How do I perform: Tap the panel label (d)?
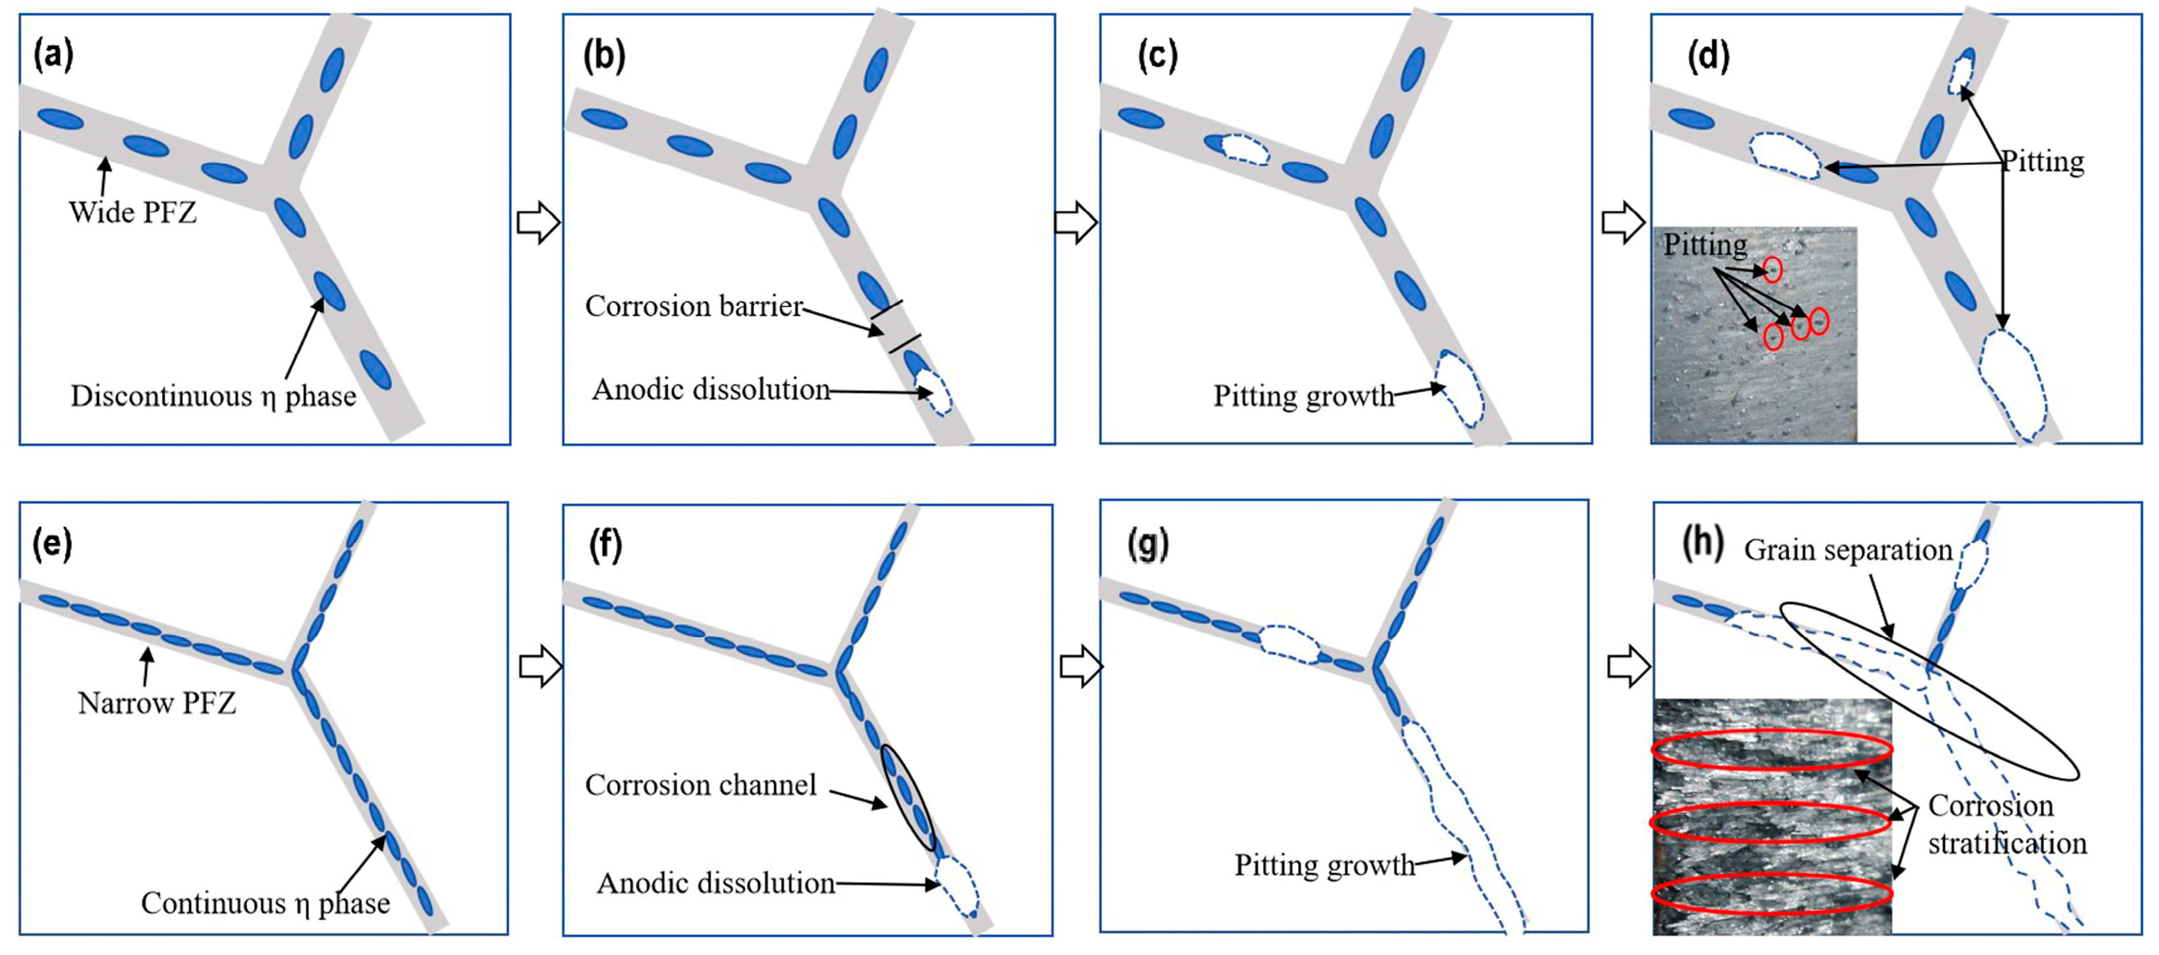tap(1708, 56)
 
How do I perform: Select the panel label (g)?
tap(1147, 546)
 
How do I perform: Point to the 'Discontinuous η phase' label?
tap(213, 396)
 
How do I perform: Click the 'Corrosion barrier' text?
tap(694, 306)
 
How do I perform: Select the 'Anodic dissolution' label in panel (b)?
tap(710, 390)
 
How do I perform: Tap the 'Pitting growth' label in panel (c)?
tap(1303, 396)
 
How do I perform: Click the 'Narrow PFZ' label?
tap(157, 703)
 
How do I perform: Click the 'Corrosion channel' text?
tap(701, 785)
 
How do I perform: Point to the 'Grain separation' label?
tap(1848, 550)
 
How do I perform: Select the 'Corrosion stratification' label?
tap(2006, 824)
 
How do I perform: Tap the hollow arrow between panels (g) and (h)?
tap(1628, 668)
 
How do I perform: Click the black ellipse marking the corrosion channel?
tap(908, 796)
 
